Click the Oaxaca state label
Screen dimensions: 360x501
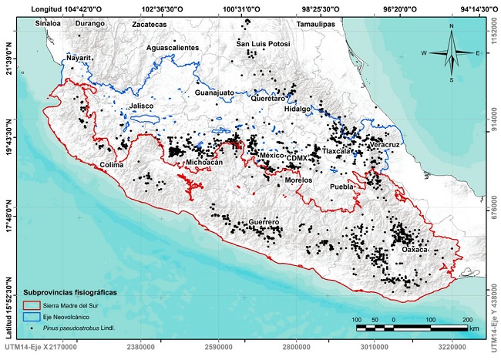pyautogui.click(x=415, y=250)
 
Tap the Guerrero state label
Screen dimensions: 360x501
pyautogui.click(x=264, y=222)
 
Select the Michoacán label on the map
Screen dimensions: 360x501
pyautogui.click(x=204, y=163)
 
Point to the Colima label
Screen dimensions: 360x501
pyautogui.click(x=113, y=165)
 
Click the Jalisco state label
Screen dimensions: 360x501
pyautogui.click(x=142, y=106)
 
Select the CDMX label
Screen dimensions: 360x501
pyautogui.click(x=297, y=157)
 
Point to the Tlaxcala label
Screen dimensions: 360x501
pyautogui.click(x=338, y=152)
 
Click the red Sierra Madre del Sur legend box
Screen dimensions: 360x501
pyautogui.click(x=32, y=307)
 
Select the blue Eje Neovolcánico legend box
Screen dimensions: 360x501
pyautogui.click(x=32, y=317)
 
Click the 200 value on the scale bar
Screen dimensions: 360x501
pyautogui.click(x=466, y=319)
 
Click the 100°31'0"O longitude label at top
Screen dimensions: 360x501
pyautogui.click(x=242, y=7)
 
